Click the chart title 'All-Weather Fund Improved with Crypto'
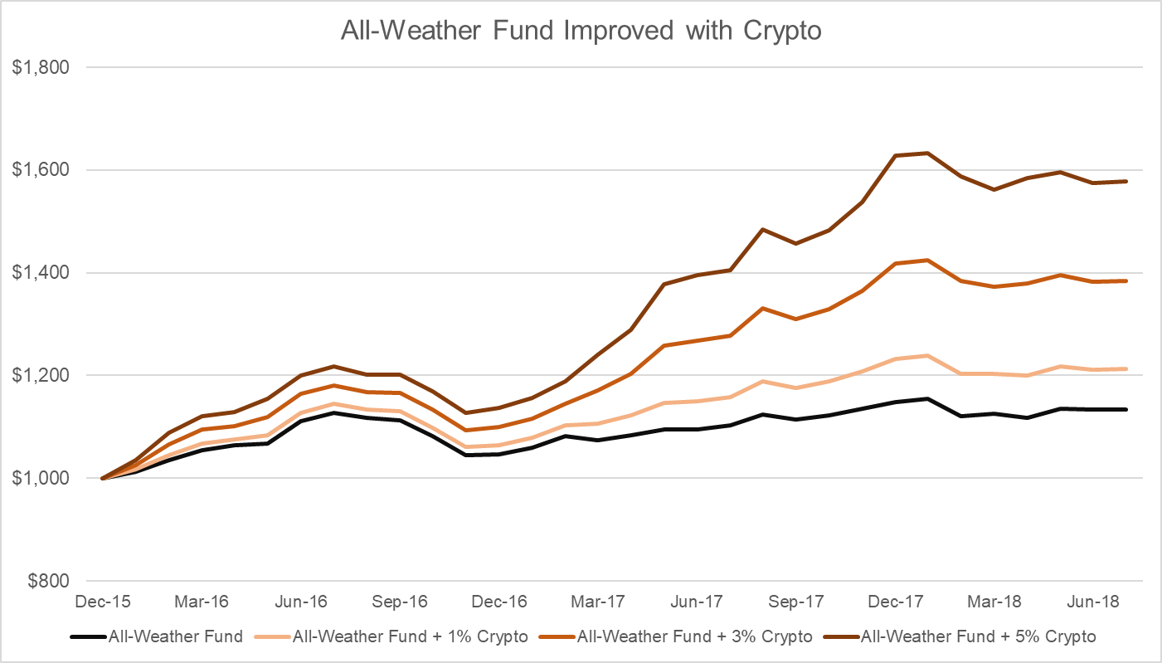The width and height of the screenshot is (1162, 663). (580, 30)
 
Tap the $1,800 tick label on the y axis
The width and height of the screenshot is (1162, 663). (39, 67)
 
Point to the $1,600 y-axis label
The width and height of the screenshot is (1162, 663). (39, 170)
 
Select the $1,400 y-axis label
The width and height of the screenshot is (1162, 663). (39, 273)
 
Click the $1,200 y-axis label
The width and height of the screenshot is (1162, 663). (39, 375)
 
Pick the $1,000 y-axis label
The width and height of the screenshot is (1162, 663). (39, 478)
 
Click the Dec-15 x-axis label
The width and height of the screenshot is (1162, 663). (102, 601)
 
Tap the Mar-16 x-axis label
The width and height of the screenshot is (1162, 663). (202, 601)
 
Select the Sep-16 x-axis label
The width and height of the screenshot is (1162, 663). (400, 601)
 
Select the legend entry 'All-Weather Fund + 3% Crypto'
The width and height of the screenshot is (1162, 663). (694, 637)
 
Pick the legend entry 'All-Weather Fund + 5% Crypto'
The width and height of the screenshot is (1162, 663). (979, 637)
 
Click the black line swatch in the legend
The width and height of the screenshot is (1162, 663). (87, 637)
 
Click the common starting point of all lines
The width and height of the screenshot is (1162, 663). (102, 478)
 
